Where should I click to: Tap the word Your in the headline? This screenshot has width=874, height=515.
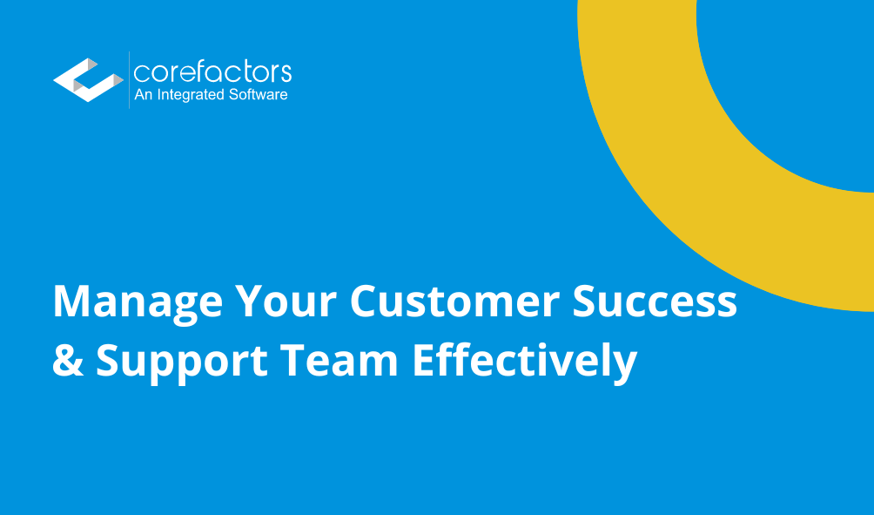279,302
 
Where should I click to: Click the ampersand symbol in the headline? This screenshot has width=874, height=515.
68,360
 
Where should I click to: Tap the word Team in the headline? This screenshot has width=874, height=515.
352,360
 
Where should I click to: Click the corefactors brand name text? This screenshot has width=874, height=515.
212,71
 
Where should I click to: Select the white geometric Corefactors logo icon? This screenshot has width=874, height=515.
88,80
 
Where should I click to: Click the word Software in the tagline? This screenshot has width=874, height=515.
257,95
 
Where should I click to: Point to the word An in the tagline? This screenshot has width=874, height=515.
143,95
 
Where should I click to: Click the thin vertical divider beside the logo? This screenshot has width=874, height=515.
129,80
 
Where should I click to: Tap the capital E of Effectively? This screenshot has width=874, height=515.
423,360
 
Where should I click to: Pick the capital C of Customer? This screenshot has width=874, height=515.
364,302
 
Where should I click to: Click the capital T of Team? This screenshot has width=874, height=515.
317,360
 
